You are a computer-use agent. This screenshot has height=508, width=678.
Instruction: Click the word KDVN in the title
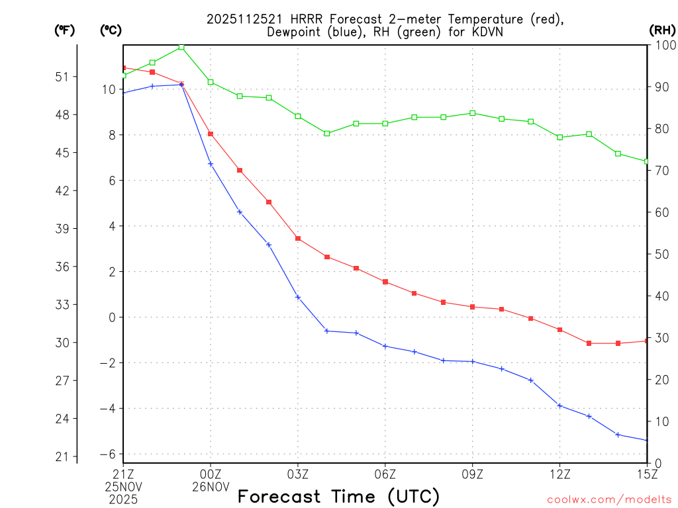pyautogui.click(x=489, y=32)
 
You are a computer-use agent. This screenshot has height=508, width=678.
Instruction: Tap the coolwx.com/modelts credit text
pyautogui.click(x=609, y=499)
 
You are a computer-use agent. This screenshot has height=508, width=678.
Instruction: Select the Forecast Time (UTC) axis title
pyautogui.click(x=338, y=496)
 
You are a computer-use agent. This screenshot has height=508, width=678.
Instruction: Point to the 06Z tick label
pyautogui.click(x=385, y=474)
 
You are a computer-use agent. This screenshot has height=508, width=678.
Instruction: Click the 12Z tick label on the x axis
pyautogui.click(x=559, y=474)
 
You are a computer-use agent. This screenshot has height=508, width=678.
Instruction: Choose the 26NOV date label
pyautogui.click(x=211, y=487)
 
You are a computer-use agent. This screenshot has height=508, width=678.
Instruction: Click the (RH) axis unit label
pyautogui.click(x=661, y=30)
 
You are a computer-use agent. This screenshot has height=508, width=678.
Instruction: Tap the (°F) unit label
pyautogui.click(x=65, y=30)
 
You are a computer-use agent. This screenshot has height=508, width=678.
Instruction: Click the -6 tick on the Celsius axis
pyautogui.click(x=107, y=454)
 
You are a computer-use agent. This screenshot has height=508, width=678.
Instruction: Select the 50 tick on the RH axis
pyautogui.click(x=661, y=254)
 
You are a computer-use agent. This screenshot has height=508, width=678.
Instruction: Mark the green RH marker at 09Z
pyautogui.click(x=472, y=113)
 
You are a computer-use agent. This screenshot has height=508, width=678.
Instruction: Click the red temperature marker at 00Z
pyautogui.click(x=211, y=134)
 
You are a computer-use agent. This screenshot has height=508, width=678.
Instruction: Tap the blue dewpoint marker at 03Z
pyautogui.click(x=298, y=297)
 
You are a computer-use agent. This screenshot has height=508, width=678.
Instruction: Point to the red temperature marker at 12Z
pyautogui.click(x=559, y=329)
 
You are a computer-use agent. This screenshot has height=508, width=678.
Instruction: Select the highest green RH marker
pyautogui.click(x=181, y=47)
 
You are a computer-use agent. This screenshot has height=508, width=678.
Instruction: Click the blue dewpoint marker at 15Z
pyautogui.click(x=646, y=441)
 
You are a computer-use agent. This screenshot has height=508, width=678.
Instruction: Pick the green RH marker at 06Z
pyautogui.click(x=385, y=124)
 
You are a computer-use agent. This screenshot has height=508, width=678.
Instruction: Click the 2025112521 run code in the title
pyautogui.click(x=244, y=19)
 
